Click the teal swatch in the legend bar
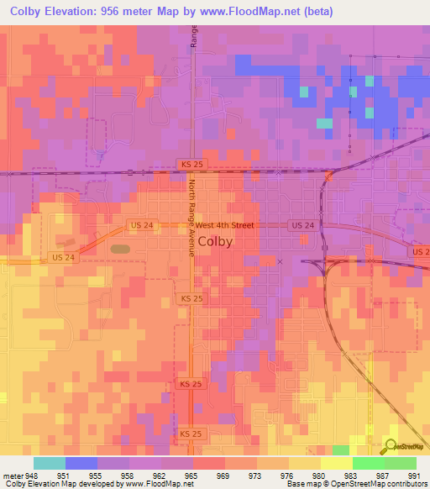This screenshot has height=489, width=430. (49, 462)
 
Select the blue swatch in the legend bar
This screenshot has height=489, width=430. (81, 462)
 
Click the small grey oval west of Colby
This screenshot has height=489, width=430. (120, 249)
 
